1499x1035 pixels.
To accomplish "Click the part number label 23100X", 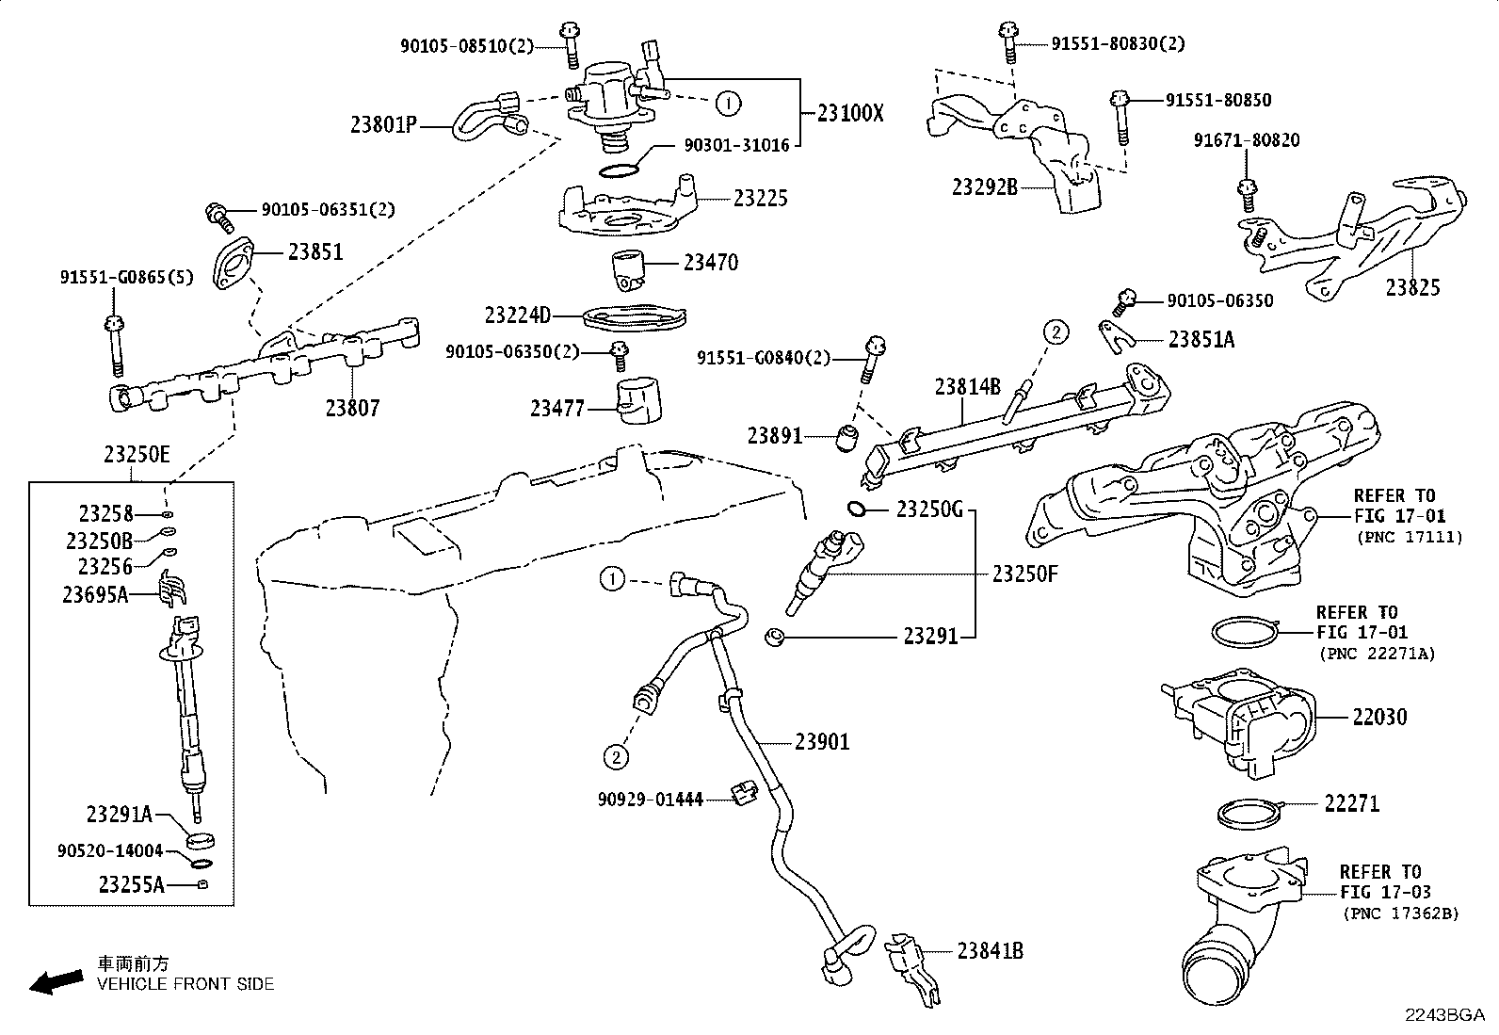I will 851,113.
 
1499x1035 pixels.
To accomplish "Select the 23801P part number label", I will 383,124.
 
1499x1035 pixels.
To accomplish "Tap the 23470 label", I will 711,263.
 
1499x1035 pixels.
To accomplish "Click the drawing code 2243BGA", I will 1444,1015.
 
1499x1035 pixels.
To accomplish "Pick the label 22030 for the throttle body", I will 1379,718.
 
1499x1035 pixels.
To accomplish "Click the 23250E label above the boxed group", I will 137,455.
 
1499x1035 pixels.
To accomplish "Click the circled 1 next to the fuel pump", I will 728,103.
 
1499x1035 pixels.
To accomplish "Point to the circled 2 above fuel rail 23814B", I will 1056,332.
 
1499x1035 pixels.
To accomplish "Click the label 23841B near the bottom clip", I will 991,951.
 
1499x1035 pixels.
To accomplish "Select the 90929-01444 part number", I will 650,800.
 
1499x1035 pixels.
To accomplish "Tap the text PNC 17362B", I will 1401,914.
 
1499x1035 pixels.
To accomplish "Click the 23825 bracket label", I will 1412,288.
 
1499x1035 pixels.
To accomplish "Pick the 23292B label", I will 985,186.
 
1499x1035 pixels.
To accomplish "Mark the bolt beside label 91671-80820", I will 1247,193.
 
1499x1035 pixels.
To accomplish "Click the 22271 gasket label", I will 1351,803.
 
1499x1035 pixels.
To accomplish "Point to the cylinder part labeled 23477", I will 637,402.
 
